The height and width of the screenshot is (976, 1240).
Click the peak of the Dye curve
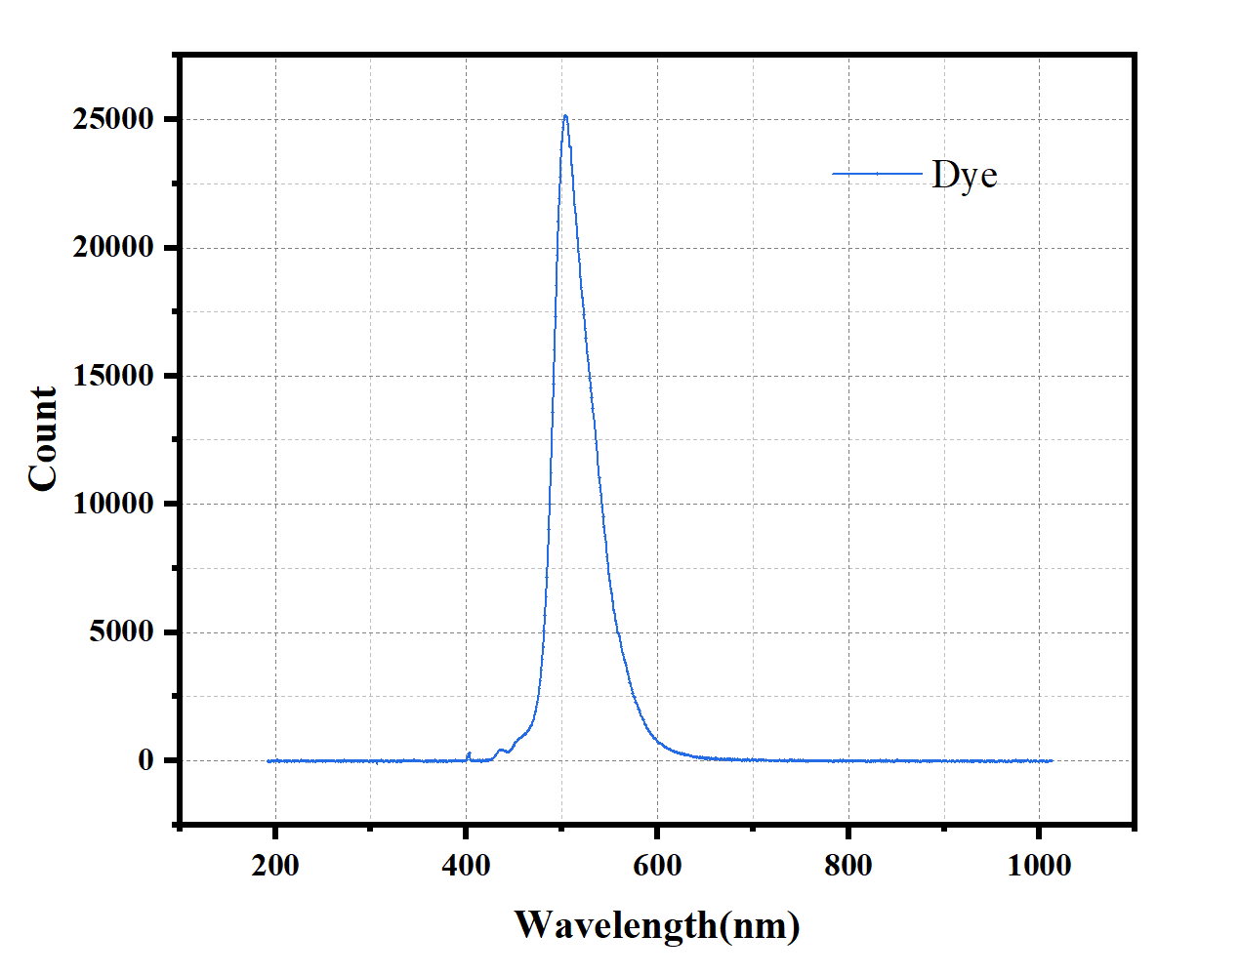(x=564, y=116)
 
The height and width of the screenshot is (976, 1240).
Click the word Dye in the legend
(x=965, y=176)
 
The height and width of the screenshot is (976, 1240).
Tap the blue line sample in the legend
(x=877, y=174)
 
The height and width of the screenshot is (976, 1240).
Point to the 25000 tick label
(x=113, y=119)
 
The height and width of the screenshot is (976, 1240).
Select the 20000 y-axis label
(x=113, y=248)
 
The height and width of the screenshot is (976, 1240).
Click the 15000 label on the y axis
(x=113, y=376)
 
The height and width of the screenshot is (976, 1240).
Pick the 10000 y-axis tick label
(x=113, y=504)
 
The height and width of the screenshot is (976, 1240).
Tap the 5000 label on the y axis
(x=121, y=632)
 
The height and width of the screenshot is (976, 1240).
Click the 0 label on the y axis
(x=145, y=760)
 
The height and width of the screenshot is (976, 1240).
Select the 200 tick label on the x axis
(x=275, y=865)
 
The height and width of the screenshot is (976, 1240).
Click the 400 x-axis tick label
(x=466, y=865)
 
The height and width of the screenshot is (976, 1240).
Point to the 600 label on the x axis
(x=657, y=865)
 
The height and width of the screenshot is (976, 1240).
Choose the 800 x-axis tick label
(x=847, y=865)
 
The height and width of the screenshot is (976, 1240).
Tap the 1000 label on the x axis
(x=1039, y=865)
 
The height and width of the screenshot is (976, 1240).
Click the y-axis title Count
(x=43, y=438)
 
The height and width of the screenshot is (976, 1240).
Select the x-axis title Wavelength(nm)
(x=657, y=925)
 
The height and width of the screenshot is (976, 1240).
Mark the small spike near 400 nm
(x=469, y=753)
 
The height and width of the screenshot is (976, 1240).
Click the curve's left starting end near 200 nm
(x=269, y=760)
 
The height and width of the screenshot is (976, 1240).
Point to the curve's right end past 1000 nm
(x=1051, y=760)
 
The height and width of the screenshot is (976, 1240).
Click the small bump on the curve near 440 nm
(x=502, y=750)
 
